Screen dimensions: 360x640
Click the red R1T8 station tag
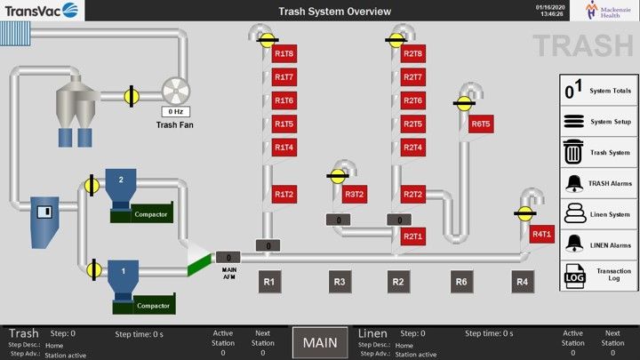[x=284, y=54]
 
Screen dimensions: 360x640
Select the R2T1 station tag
[x=412, y=236]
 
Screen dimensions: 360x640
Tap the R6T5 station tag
[x=481, y=124]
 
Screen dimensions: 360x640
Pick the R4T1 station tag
[x=541, y=235]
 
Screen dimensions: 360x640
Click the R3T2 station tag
[x=355, y=194]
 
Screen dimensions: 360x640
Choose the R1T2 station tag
[x=284, y=194]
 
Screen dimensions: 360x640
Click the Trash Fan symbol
[x=175, y=92]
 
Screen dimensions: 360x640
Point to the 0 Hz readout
[x=174, y=112]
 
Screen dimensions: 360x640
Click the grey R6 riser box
[x=461, y=283]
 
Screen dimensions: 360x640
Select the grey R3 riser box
[x=340, y=283]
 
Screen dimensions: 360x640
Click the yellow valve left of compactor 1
[x=92, y=268]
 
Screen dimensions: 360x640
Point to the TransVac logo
[x=41, y=11]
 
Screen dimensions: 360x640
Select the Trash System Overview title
[x=322, y=12]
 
